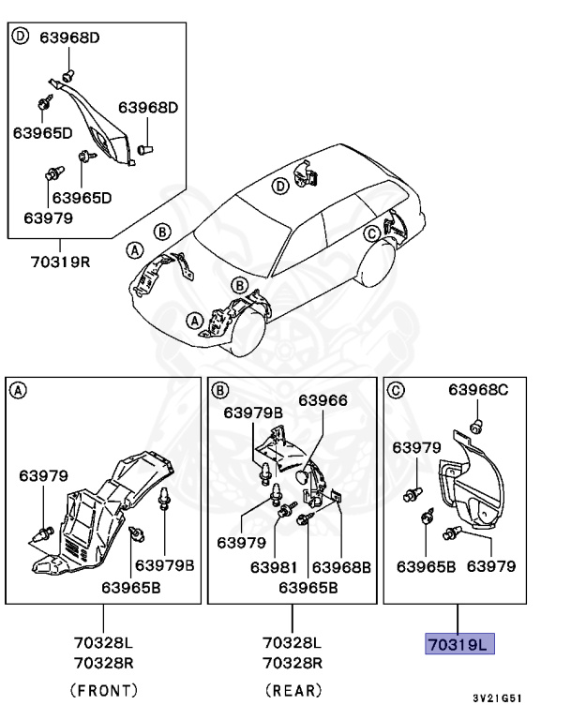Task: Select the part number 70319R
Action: [59, 261]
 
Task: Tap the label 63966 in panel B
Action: [323, 399]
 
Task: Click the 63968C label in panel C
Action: [478, 389]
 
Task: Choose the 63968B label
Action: [341, 566]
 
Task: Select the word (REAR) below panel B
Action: [293, 690]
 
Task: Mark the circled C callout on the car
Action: [371, 232]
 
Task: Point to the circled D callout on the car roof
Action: [278, 187]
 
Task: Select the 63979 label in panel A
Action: [43, 476]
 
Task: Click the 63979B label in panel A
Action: [165, 564]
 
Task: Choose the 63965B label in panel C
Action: [427, 566]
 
